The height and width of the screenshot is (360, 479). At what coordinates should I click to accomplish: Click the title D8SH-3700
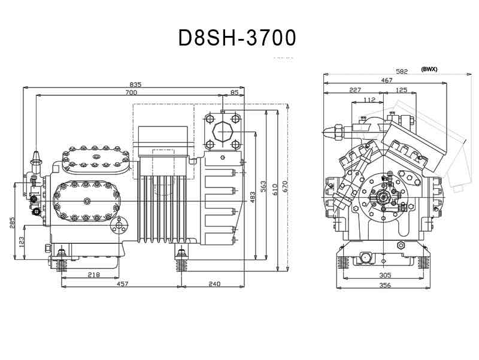coord(237,38)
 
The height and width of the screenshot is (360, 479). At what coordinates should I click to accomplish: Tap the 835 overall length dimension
coord(136,84)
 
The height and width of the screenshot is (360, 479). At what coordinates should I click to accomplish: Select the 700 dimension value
coord(131,92)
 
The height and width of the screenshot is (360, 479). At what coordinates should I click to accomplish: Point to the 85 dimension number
coord(234,92)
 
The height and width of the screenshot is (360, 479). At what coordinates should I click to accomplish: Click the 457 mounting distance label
coord(122,284)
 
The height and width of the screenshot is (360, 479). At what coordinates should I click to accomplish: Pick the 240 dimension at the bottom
coord(214,284)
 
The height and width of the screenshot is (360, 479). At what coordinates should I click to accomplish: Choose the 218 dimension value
coord(94,275)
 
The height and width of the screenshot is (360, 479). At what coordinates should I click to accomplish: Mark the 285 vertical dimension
coord(12,223)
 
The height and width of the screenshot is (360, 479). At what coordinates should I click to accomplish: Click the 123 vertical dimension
coord(21,242)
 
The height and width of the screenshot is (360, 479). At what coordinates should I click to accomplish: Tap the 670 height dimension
coord(285,187)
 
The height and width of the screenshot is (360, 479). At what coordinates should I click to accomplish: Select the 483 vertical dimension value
coord(252,198)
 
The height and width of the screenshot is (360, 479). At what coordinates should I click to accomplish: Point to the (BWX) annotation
coord(429,69)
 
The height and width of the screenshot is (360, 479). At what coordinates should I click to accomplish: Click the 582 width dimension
coord(402,71)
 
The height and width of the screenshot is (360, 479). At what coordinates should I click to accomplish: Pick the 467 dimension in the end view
coord(386,80)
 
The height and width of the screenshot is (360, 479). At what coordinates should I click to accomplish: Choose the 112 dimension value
coord(369,99)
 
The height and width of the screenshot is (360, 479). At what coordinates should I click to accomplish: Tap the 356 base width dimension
coord(385,286)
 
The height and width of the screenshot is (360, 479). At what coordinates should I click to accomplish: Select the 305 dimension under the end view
coord(385,276)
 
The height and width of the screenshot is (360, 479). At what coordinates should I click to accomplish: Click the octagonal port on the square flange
coord(222,132)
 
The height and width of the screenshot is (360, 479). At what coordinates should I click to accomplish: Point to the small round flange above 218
coord(119,226)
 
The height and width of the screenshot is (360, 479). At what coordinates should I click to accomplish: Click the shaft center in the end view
coord(383,198)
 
